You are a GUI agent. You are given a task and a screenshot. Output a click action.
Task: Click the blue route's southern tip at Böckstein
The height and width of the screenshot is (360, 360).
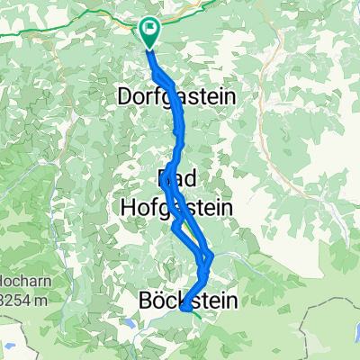(184, 309)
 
